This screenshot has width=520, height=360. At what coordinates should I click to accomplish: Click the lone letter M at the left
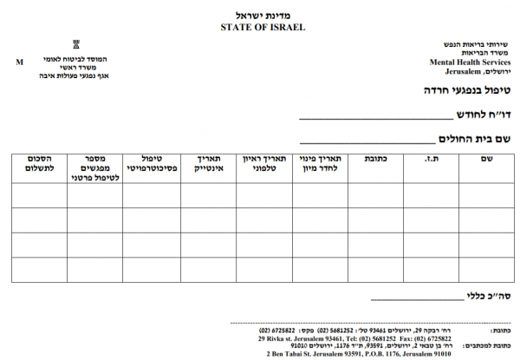[19, 62]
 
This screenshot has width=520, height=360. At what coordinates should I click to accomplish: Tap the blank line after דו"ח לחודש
[377, 118]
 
